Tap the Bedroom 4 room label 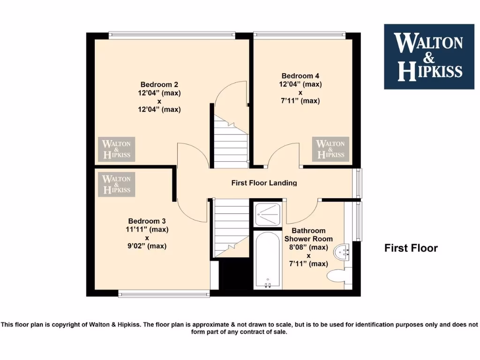(x=300, y=76)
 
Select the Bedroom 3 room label (x=147, y=221)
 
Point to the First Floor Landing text (x=264, y=183)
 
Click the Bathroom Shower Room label (x=308, y=235)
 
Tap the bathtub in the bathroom (x=268, y=260)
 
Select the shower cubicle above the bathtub (x=268, y=214)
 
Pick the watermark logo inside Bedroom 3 (x=116, y=184)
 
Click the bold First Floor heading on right (x=411, y=248)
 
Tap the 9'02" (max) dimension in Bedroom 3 (x=147, y=246)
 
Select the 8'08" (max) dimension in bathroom (x=308, y=247)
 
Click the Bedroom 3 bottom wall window (x=164, y=294)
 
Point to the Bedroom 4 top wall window (x=299, y=34)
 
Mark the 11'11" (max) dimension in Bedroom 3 (x=147, y=230)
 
